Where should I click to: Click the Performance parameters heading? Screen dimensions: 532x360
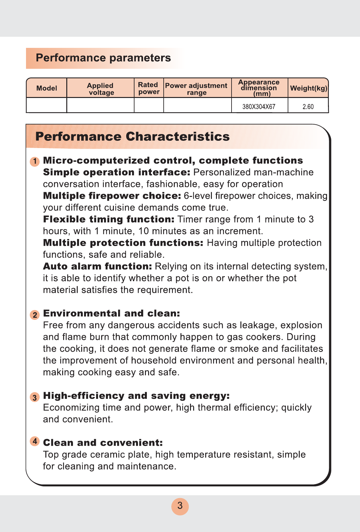(103, 58)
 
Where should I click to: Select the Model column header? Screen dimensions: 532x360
(47, 88)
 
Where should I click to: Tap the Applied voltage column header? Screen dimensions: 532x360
(101, 89)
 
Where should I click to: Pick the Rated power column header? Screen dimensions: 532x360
(148, 88)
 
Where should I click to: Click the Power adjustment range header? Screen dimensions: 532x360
(196, 89)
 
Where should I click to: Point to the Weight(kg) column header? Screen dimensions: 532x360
(308, 88)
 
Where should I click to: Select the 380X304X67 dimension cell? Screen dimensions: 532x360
(259, 107)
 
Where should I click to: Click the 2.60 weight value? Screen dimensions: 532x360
(308, 107)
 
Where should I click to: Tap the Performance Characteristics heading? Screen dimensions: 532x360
(132, 137)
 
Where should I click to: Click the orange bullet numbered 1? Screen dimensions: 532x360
(35, 161)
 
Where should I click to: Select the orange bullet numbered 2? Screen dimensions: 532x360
(35, 315)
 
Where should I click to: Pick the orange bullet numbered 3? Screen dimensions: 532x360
(35, 397)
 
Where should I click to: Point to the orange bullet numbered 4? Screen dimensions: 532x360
(35, 441)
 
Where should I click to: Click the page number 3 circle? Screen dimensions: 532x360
(180, 506)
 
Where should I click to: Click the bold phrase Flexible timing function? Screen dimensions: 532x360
(109, 219)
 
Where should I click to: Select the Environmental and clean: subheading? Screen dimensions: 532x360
(111, 313)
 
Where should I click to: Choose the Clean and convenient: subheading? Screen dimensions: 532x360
(103, 443)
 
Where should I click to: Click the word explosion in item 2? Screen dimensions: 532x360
(301, 325)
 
